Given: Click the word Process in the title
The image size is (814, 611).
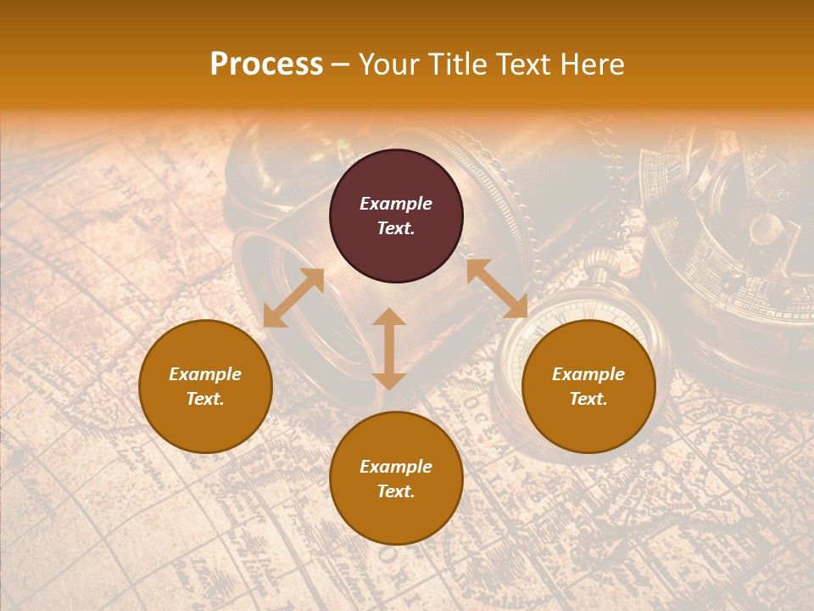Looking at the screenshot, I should click(266, 64).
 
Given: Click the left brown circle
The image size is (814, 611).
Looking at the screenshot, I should click(205, 386).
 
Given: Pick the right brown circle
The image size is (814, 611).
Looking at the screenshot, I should click(588, 386).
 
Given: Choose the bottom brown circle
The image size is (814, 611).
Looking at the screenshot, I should click(396, 478).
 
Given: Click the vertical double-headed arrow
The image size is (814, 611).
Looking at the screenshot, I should click(389, 349).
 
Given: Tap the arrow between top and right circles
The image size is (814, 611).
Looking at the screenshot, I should click(496, 289).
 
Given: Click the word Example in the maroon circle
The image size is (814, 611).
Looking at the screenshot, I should click(396, 204).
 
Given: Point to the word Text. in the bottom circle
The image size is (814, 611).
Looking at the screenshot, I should click(396, 491).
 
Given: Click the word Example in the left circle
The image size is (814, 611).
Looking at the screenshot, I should click(205, 374).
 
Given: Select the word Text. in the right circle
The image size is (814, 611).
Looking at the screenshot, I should click(588, 399).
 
